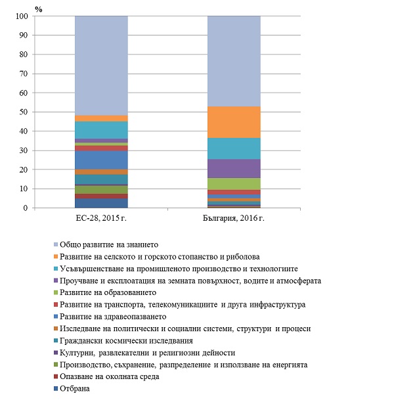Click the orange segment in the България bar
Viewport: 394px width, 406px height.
click(x=234, y=122)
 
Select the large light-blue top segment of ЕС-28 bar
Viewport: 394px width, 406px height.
click(x=101, y=66)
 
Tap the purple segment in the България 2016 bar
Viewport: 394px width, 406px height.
click(x=234, y=169)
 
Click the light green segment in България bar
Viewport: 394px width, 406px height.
click(x=234, y=184)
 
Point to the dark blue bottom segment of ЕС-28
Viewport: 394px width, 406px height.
click(x=101, y=203)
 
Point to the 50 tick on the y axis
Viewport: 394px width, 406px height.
click(x=24, y=112)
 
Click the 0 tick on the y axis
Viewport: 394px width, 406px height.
click(x=26, y=208)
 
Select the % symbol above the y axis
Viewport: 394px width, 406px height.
click(x=38, y=8)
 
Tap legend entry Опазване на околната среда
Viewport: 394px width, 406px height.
click(x=108, y=376)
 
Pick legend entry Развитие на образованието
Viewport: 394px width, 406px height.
click(x=108, y=292)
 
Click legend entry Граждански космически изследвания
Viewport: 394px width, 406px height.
click(x=125, y=340)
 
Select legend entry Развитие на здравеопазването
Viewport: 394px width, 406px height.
click(x=112, y=316)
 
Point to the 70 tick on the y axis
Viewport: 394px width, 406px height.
click(x=24, y=74)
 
